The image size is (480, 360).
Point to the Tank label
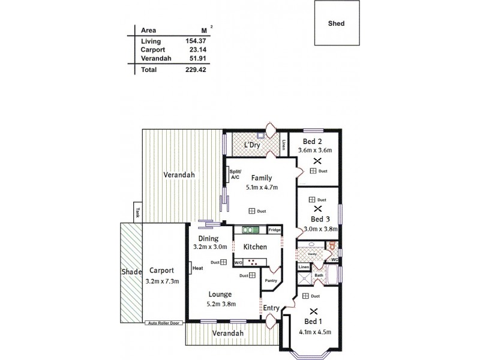pos(137,212)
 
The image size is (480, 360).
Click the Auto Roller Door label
pos(164,323)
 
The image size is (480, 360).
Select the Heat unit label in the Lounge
pos(197,268)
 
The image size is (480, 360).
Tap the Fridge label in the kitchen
pos(275,230)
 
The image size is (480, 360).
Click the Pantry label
pos(271,280)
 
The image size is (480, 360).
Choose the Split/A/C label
pos(235,175)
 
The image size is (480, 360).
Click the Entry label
pos(271,308)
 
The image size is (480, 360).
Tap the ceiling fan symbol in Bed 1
pos(312,311)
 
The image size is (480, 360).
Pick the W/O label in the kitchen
pos(238,262)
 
